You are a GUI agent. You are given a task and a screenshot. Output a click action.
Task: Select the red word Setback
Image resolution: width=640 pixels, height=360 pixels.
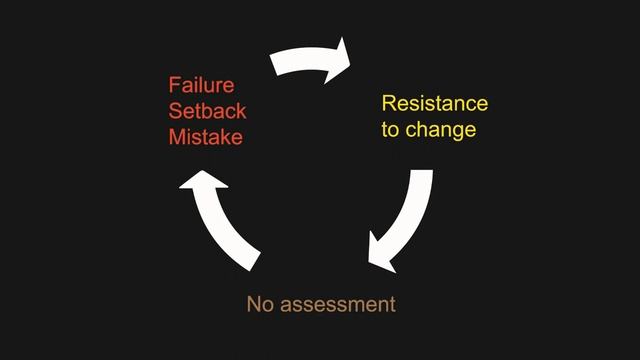[207, 110]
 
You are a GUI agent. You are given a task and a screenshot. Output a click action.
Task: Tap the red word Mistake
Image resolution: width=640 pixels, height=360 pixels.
[205, 136]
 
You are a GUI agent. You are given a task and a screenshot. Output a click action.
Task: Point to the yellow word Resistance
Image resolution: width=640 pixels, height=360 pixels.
[434, 104]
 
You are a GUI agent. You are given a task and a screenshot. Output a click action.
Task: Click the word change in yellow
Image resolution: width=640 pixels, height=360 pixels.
[440, 130]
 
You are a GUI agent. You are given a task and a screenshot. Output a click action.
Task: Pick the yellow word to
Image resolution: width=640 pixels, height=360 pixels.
[391, 130]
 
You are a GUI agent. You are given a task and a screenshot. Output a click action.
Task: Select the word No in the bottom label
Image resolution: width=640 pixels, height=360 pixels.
[259, 303]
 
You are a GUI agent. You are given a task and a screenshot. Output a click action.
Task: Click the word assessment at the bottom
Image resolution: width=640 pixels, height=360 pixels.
[337, 303]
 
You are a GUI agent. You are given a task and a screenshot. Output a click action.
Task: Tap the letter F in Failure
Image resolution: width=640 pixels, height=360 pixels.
[174, 84]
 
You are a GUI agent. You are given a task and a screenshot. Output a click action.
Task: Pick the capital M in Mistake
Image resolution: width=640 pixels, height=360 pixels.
[176, 136]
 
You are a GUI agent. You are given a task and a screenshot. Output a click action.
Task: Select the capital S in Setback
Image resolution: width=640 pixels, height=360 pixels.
[175, 110]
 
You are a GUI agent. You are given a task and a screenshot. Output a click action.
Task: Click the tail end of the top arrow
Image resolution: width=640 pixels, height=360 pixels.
[278, 64]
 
